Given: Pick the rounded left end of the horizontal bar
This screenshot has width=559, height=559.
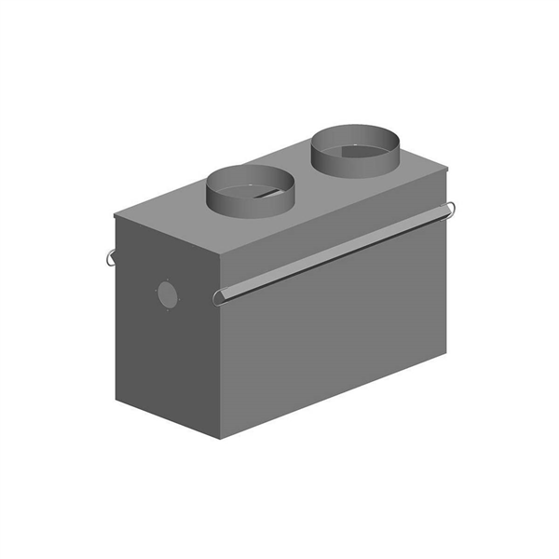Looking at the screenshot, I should click(x=219, y=297).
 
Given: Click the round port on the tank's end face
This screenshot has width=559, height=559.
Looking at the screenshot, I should click(x=167, y=294).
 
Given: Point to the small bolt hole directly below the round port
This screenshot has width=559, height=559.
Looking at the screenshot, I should click(x=169, y=313).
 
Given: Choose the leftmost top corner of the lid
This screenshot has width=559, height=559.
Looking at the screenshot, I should click(x=115, y=214).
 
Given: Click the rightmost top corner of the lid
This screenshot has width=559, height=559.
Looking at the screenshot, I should click(x=448, y=169).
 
